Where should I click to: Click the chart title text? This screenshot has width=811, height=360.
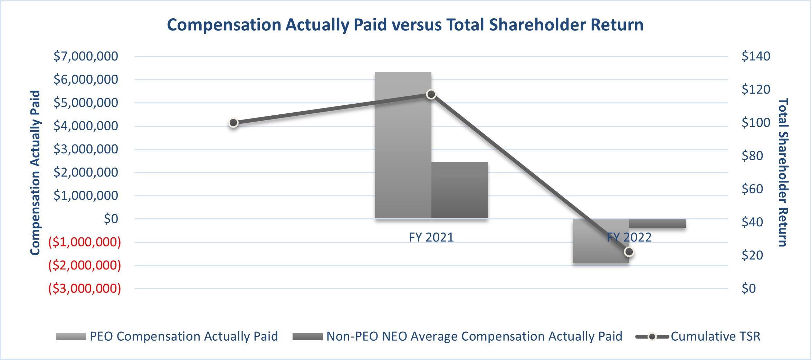point(405,25)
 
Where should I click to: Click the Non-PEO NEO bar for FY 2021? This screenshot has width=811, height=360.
point(459,190)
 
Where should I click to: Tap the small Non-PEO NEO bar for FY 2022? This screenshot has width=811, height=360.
point(657,224)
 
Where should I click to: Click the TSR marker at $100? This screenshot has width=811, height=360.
point(233,123)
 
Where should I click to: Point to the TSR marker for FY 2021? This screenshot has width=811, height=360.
point(431,94)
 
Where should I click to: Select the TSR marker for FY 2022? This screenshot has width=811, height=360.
point(629,252)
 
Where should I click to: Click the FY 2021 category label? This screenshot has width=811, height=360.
point(431,237)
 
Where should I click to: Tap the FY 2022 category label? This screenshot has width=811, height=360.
point(629,237)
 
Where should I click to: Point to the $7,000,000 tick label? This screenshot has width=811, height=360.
point(86,56)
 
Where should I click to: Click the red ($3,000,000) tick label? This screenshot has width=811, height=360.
point(85,288)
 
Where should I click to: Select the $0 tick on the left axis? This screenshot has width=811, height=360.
point(111,219)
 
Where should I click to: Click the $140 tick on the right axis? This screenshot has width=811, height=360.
point(756,56)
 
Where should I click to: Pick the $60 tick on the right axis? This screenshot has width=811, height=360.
point(752,189)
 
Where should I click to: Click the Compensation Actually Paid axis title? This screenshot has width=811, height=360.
point(35,173)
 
